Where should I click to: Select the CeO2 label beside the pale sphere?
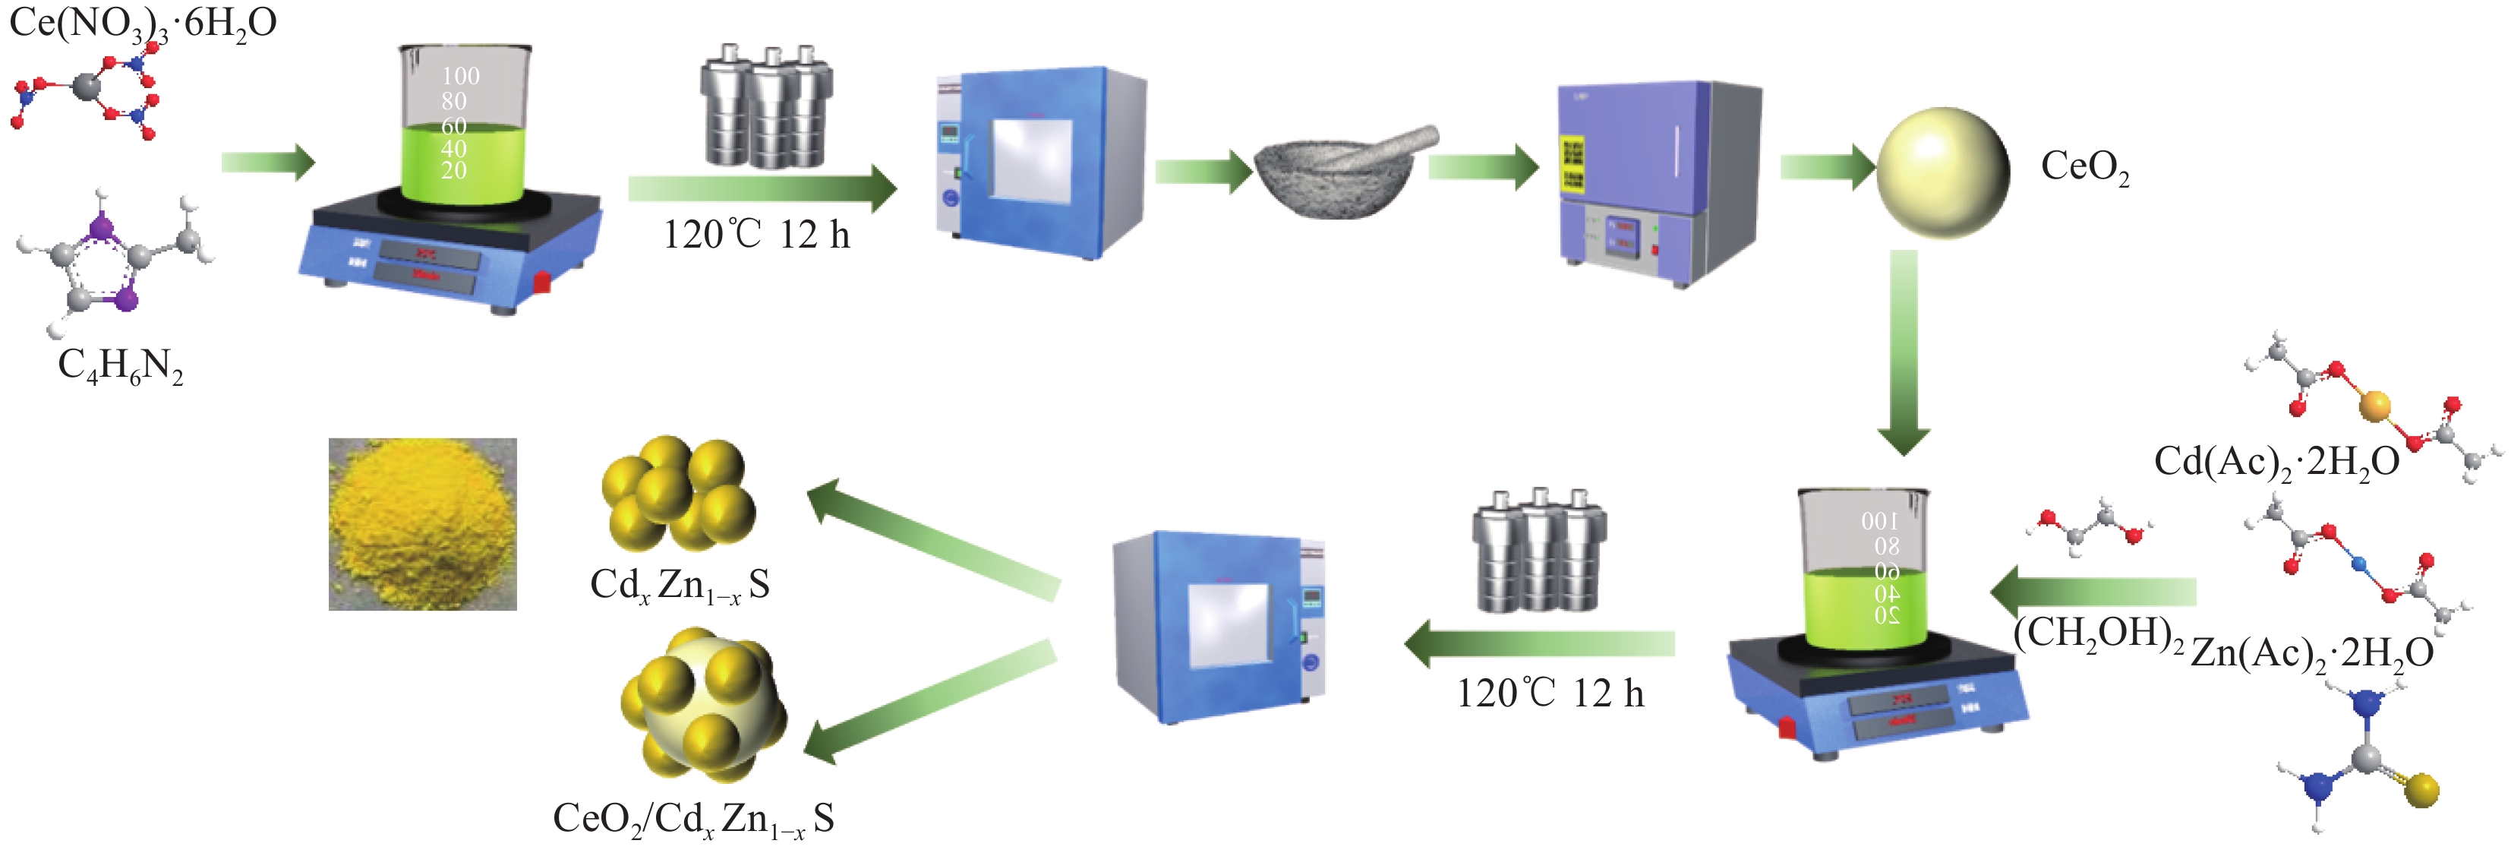(x=2084, y=166)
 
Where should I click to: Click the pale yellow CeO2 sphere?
(x=1943, y=173)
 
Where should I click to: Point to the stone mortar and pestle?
(x=1336, y=175)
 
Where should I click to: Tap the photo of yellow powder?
(x=422, y=523)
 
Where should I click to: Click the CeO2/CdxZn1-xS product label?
(x=693, y=819)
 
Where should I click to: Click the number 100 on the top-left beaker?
(x=460, y=76)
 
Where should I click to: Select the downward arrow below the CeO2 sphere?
(x=1903, y=351)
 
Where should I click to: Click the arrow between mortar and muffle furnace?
(x=1481, y=168)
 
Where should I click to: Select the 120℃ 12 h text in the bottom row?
(x=1550, y=694)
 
